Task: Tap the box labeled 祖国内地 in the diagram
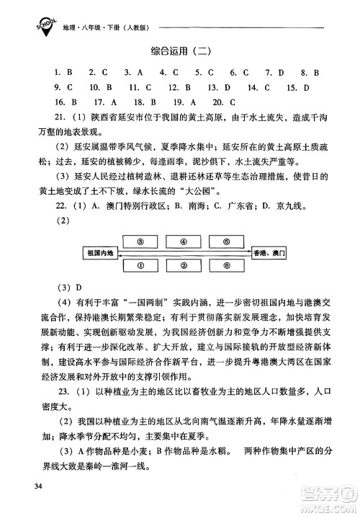pos(101,254)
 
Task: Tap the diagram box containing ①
pos(142,266)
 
